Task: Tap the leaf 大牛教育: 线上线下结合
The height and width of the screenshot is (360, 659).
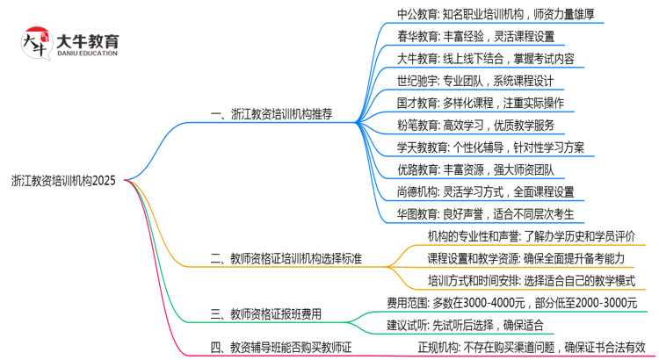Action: pyautogui.click(x=486, y=59)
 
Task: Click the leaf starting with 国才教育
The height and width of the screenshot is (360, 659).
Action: pyautogui.click(x=481, y=103)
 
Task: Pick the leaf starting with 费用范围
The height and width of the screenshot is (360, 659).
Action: pyautogui.click(x=512, y=303)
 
